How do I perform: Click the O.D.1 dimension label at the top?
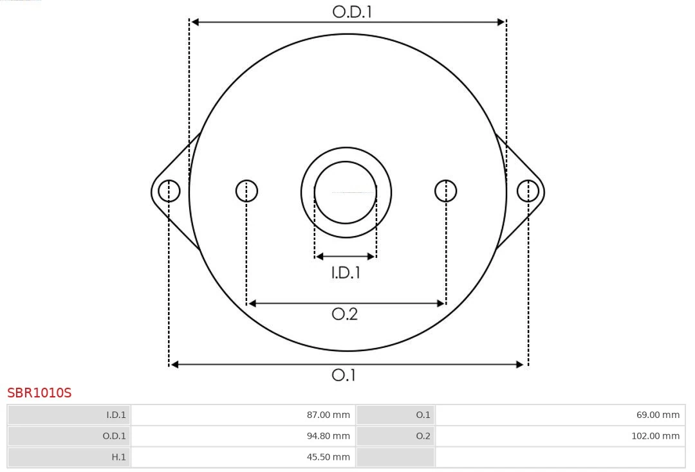(352, 12)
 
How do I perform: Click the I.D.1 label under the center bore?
(346, 273)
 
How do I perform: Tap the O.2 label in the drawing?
(344, 314)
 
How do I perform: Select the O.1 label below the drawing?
(344, 375)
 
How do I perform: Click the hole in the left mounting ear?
(169, 191)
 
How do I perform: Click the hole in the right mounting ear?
(528, 191)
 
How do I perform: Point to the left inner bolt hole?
(246, 191)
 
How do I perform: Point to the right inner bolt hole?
(446, 191)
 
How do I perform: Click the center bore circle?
(346, 192)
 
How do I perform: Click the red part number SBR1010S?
(39, 392)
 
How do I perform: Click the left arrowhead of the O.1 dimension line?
(174, 365)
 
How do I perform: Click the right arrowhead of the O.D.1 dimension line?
(501, 22)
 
